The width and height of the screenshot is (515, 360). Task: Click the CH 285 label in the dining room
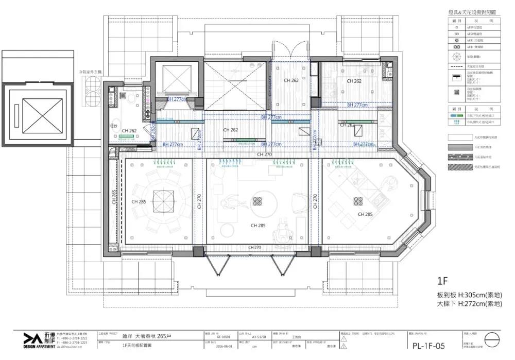(139, 202)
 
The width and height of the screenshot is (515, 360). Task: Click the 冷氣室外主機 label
(90, 73)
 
